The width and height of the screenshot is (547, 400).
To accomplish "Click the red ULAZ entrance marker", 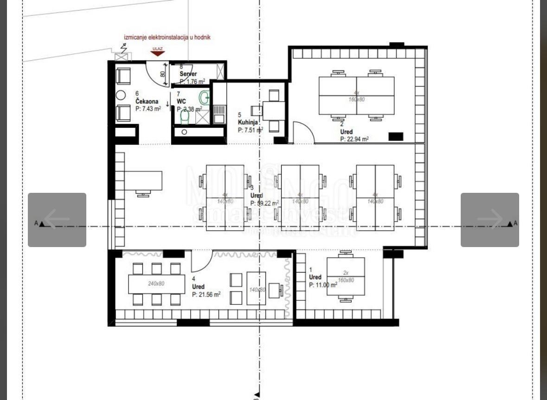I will click(158, 52).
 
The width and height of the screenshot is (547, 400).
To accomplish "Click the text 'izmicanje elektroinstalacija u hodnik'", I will click(167, 37).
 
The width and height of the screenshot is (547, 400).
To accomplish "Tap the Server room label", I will click(188, 74).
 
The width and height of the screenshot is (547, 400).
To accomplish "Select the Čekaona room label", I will click(147, 102).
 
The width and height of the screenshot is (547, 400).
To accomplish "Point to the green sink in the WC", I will click(204, 97).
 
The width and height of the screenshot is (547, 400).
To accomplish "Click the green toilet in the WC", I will click(185, 118).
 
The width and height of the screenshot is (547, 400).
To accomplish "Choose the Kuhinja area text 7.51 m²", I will click(251, 130).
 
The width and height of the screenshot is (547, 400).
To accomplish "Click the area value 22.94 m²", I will click(354, 139).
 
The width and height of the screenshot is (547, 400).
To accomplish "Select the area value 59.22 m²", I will click(264, 203).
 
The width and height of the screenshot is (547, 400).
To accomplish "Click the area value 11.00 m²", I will click(323, 285).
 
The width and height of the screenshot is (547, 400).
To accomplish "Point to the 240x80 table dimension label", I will click(156, 283).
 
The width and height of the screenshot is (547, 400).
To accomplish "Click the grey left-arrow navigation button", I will click(57, 220).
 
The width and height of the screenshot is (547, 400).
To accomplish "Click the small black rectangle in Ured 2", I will click(395, 136).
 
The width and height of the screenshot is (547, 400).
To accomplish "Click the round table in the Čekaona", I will click(121, 95).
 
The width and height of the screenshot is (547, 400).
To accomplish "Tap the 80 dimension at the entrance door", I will click(163, 74).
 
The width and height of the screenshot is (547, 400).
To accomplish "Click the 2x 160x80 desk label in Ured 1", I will click(346, 277).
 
